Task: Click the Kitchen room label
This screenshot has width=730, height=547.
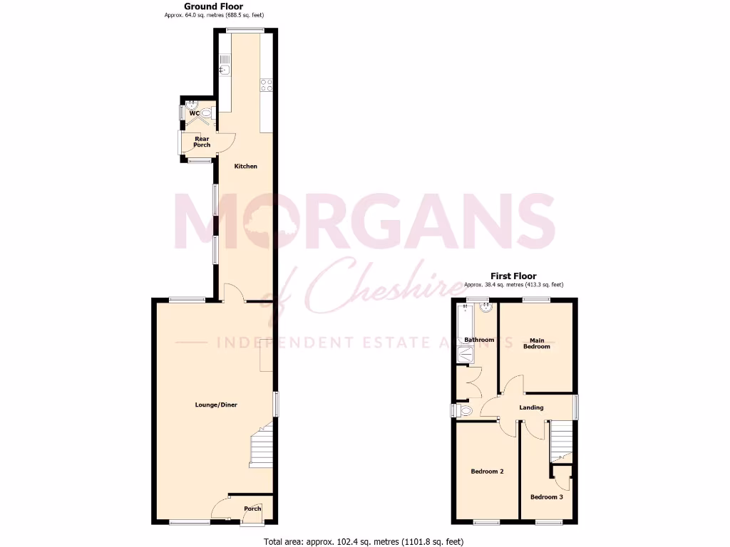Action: point(246,166)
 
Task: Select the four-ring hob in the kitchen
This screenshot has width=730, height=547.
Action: point(267,85)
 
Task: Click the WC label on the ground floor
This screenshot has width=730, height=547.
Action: point(193,113)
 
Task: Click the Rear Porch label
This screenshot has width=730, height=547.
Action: point(201,142)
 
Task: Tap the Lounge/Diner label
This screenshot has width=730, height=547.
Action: point(215,405)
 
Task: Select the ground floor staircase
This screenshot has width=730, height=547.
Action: point(261,446)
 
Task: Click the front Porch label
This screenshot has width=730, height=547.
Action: point(252,509)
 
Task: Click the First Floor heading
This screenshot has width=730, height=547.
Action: point(513,276)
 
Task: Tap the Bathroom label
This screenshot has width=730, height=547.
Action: point(478,340)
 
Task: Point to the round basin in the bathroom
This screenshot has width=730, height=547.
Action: point(487,308)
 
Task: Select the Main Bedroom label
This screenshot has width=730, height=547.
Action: point(537,343)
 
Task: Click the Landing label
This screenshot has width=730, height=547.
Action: point(532,407)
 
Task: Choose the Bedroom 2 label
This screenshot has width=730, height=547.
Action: point(487,472)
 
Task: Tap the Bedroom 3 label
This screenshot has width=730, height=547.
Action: point(546,496)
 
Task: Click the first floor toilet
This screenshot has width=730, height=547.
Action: point(465,410)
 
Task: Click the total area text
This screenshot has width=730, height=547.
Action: point(364,541)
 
